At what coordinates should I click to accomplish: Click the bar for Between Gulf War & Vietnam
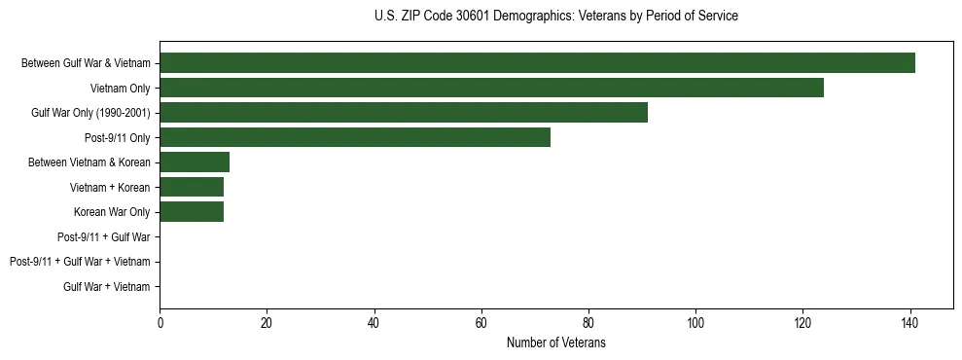pos(537,63)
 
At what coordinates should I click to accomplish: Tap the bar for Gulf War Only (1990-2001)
pos(404,113)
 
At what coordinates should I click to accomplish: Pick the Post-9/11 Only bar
pos(355,137)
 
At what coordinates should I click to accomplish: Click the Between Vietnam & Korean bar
pos(195,162)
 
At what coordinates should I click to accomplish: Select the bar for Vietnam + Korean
pos(192,187)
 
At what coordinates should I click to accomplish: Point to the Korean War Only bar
pos(192,212)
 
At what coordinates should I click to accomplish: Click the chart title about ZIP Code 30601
pos(555,17)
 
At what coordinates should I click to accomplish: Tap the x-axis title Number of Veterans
pos(555,343)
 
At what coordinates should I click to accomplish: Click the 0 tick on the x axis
pos(160,321)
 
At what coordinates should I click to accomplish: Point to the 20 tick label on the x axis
pos(267,321)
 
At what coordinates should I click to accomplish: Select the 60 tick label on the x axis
pos(481,321)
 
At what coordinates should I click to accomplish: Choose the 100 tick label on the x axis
pos(695,321)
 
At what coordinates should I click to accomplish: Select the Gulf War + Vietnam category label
pos(106,286)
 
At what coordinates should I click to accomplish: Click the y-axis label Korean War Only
pos(112,212)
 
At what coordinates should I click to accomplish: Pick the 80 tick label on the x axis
pos(588,321)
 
